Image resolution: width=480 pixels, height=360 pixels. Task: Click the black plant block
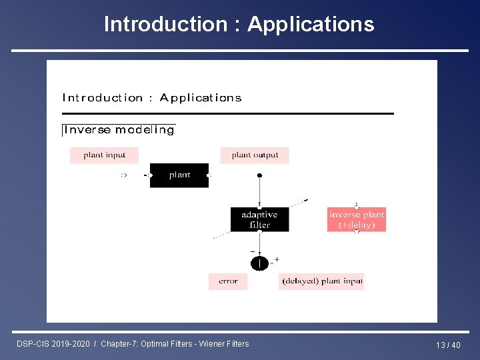click(179, 175)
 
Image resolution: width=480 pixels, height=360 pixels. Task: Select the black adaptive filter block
click(260, 219)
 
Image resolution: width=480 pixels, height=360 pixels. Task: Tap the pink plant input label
click(105, 155)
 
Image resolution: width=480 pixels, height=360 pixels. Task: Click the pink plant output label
click(255, 155)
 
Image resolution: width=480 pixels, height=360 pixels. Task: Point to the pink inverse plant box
click(357, 219)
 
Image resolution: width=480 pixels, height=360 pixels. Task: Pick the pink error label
click(228, 281)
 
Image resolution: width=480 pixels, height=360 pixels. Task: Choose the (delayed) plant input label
click(321, 281)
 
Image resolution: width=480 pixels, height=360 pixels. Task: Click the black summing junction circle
click(259, 263)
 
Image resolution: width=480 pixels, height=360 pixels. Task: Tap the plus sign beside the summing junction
click(277, 259)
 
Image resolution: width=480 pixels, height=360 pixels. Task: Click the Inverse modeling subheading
click(119, 130)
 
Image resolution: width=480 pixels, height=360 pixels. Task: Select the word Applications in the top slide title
click(311, 25)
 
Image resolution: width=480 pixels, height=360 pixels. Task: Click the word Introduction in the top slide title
click(166, 25)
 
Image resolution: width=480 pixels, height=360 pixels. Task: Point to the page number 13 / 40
click(448, 345)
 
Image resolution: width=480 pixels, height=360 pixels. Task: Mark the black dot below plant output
click(260, 175)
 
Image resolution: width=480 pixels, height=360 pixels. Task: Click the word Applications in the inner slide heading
click(201, 98)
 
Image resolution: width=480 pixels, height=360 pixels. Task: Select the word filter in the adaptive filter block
click(260, 225)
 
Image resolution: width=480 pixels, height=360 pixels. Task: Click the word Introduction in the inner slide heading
click(103, 98)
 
